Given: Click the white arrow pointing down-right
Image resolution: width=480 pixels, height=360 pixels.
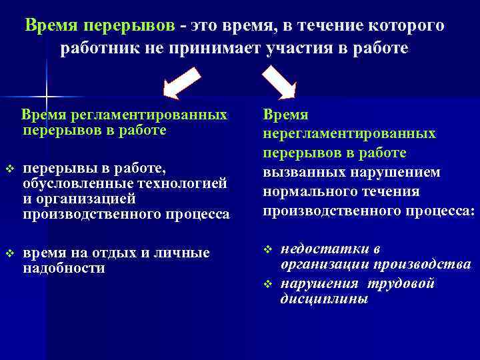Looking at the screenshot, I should coord(279,83).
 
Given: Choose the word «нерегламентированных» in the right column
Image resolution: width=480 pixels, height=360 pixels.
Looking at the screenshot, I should coord(349,134).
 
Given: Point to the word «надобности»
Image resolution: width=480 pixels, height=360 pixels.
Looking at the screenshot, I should coord(63,268).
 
